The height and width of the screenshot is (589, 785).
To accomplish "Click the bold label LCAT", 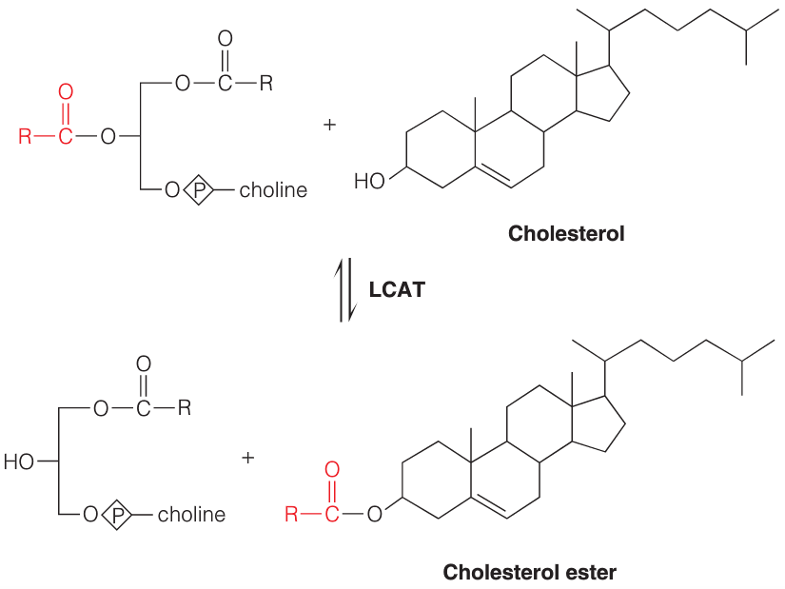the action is (397, 290).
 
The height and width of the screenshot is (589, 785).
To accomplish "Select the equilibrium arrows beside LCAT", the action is (346, 290).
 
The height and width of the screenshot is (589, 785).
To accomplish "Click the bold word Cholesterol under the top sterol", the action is (566, 233).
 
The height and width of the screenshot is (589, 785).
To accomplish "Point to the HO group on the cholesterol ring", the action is (369, 181).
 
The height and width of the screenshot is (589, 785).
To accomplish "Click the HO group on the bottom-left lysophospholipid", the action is (19, 461).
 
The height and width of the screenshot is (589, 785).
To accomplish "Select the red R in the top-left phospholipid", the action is (25, 136).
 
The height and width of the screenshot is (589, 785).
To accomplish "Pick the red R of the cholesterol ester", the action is (291, 514).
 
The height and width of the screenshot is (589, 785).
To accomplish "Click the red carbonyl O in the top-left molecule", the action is (66, 92).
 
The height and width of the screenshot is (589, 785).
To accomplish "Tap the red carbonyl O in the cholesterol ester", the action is (332, 470).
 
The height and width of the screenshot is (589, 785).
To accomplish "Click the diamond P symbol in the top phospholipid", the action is (199, 189).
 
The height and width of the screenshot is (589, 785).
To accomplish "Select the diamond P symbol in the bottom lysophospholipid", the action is (117, 515).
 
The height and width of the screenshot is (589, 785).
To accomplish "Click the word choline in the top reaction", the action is (273, 189).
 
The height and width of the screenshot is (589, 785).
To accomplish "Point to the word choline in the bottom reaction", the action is (192, 515).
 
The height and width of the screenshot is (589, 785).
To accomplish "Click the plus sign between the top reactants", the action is (329, 125).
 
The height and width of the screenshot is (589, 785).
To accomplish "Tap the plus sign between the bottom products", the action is (247, 458).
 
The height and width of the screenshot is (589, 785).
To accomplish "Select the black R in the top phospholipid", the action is (265, 83).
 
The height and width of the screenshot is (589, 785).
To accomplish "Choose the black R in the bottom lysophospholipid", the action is (185, 407).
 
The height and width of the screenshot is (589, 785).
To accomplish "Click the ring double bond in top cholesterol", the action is (494, 175).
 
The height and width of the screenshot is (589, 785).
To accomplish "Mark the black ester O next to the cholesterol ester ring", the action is (375, 514).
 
